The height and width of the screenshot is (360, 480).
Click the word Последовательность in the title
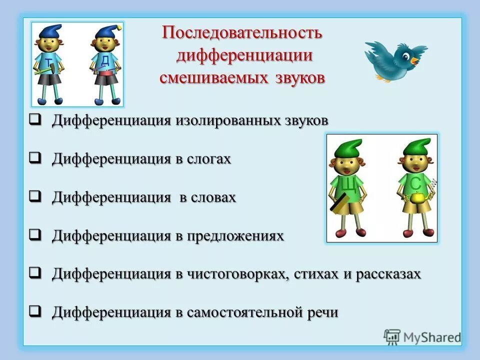(242, 34)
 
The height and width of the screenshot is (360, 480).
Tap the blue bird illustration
(395, 59)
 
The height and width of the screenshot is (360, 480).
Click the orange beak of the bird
(415, 60)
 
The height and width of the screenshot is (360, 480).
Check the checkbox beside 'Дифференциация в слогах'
(34, 158)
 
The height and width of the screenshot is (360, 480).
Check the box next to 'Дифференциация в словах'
(34, 196)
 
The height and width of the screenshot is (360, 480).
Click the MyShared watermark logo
(422, 337)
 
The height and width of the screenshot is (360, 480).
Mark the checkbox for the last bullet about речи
(34, 312)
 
